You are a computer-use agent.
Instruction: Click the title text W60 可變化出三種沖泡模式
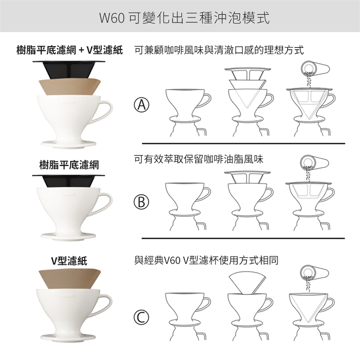pyautogui.click(x=184, y=18)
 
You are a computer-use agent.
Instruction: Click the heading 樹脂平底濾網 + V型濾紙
pyautogui.click(x=70, y=50)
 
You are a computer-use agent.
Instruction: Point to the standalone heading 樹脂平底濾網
pyautogui.click(x=69, y=165)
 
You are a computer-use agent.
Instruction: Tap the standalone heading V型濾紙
pyautogui.click(x=69, y=261)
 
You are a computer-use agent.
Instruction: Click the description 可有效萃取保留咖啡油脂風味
pyautogui.click(x=199, y=159)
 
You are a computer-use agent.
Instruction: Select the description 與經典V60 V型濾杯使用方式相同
pyautogui.click(x=206, y=261)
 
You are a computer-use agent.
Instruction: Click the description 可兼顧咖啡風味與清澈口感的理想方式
pyautogui.click(x=219, y=50)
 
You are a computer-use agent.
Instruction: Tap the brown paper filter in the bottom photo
pyautogui.click(x=70, y=278)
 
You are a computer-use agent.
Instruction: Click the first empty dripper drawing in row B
pyautogui.click(x=188, y=206)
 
